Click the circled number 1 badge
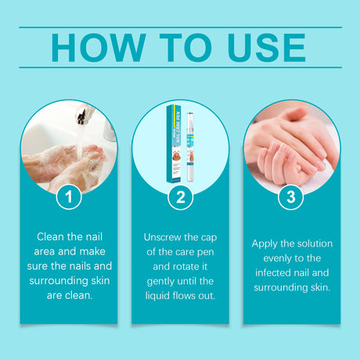coord(69,198)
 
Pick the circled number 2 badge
coord(180,198)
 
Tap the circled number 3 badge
coord(291,198)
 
